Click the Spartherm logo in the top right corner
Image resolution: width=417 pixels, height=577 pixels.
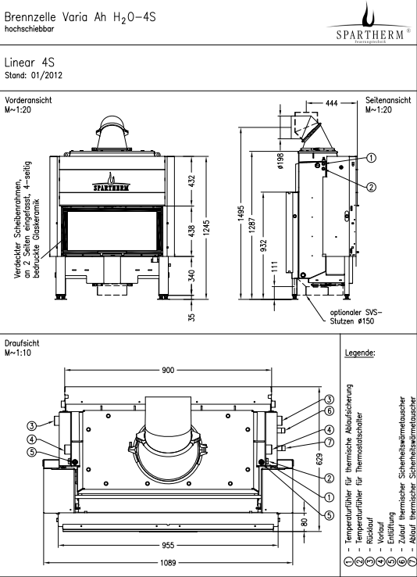click(369, 23)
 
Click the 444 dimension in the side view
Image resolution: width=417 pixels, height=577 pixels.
click(331, 103)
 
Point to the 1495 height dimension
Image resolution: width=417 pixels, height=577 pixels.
click(241, 213)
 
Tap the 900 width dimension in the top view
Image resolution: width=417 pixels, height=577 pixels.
click(168, 370)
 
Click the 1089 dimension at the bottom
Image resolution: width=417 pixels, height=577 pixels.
click(168, 562)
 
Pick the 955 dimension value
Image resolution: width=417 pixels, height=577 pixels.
click(168, 545)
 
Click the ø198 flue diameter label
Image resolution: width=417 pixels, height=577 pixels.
click(281, 161)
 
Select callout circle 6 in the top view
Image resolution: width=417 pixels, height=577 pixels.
click(330, 410)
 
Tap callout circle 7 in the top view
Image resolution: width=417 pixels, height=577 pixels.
click(330, 442)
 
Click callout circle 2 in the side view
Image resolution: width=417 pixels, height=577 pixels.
click(372, 187)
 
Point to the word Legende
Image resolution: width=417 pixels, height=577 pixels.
click(360, 353)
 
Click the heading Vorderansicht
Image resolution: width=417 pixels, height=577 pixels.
click(28, 100)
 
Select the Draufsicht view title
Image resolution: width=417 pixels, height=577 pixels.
click(22, 343)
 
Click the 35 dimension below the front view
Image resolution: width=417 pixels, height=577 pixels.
click(191, 317)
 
